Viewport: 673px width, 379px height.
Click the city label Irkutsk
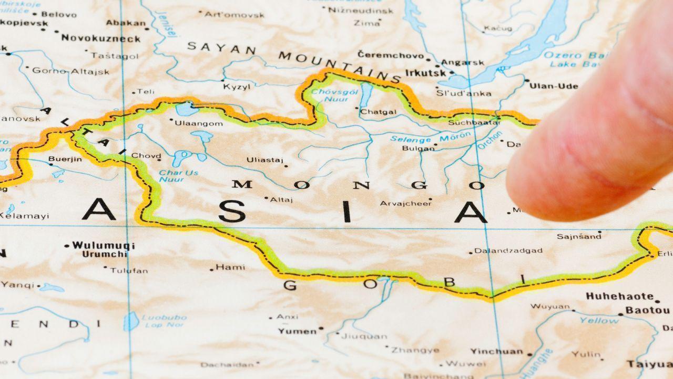pos(425,73)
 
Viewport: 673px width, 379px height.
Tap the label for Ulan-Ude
pos(553,86)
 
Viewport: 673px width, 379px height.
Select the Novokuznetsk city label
pos(101,38)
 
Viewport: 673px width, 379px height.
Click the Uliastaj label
pos(265,160)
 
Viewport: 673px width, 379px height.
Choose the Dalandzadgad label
pos(508,251)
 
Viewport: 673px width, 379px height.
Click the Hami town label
pos(230,267)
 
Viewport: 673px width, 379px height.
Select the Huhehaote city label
pos(619,296)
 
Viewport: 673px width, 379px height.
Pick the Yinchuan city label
pos(497,351)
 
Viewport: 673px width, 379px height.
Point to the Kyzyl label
pos(237,87)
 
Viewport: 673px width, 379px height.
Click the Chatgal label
pos(379,111)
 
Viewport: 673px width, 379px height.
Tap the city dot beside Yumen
pos(321,328)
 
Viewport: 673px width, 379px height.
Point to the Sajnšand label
pos(579,236)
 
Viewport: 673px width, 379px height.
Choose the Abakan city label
pos(126,23)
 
